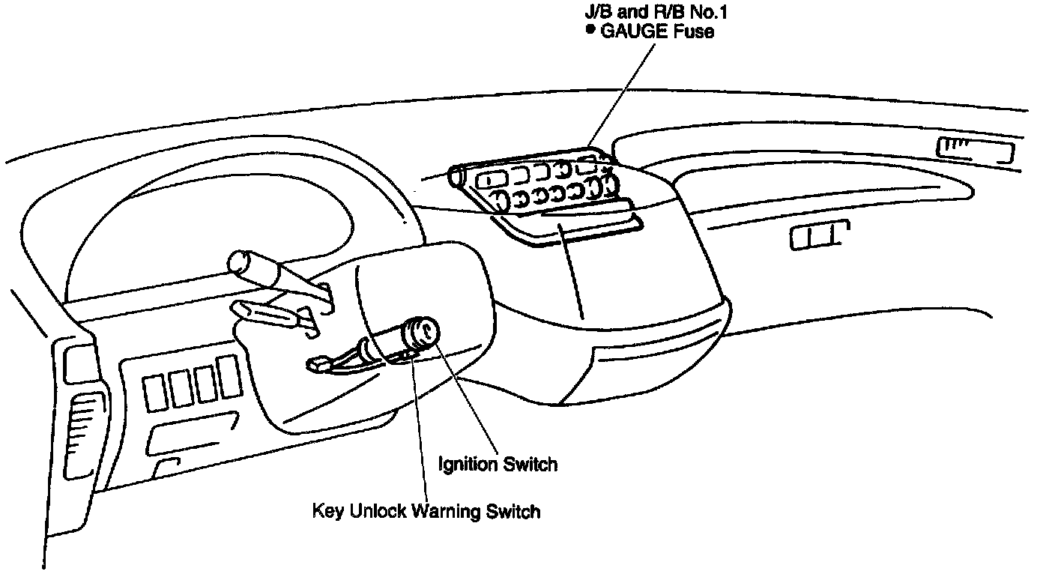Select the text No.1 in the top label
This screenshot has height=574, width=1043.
point(708,12)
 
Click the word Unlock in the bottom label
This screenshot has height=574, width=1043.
point(378,512)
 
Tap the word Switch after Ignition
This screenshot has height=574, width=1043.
point(530,464)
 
